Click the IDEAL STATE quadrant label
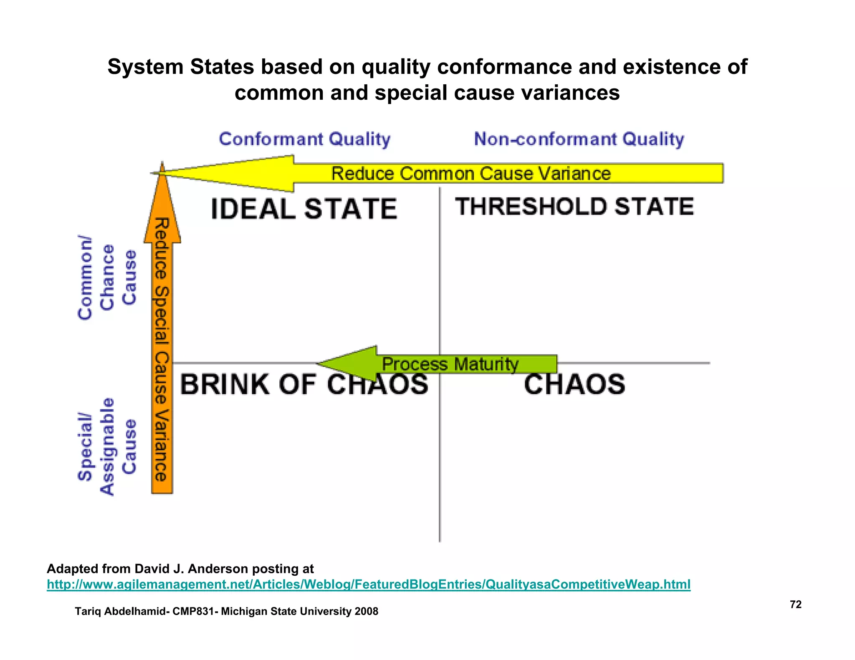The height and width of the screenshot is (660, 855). (x=304, y=209)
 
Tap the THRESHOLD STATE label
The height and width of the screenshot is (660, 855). (x=574, y=207)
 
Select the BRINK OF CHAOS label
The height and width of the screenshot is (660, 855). (x=304, y=384)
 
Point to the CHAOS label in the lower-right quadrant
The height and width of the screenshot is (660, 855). (x=574, y=384)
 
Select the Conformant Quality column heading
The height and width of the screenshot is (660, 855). (x=305, y=139)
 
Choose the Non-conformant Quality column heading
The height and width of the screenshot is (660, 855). (x=579, y=139)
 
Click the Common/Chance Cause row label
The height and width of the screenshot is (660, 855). (x=107, y=278)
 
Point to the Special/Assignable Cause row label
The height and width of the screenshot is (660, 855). (x=107, y=447)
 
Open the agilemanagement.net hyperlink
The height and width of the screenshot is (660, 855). (x=368, y=584)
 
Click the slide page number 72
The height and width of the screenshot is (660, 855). (x=796, y=605)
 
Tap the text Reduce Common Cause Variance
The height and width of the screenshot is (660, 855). (x=471, y=174)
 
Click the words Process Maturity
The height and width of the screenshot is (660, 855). (x=450, y=364)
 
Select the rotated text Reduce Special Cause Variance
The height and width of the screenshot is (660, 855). (x=162, y=350)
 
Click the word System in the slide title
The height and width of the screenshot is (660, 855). (x=145, y=67)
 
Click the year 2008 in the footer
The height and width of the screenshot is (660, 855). (x=366, y=611)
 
